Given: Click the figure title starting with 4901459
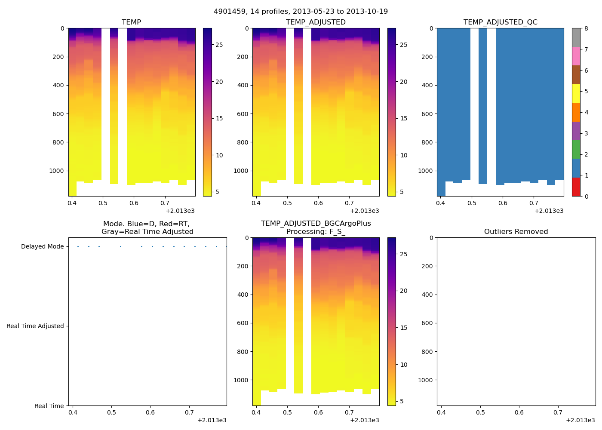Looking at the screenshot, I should coord(301,11).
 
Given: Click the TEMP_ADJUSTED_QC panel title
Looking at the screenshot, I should coord(500,22).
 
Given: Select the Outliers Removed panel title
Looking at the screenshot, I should coord(516,231).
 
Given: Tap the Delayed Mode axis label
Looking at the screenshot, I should coord(42,246).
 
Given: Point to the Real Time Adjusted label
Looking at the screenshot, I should coord(35,326).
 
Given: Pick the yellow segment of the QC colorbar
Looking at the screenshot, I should coord(576,93).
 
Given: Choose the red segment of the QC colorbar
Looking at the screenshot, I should coord(576,187).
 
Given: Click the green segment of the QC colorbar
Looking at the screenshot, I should coord(576,149).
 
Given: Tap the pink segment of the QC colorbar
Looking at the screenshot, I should coord(576,56).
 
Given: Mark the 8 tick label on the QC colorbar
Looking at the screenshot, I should coord(586,28).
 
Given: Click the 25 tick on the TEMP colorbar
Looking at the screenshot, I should coord(219,45).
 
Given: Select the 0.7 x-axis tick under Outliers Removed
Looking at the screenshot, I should coord(558,412).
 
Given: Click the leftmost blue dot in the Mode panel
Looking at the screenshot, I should coord(78,246).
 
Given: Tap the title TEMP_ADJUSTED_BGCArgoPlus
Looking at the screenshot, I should coord(316,223).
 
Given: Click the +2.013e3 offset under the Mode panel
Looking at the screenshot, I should coord(212,420).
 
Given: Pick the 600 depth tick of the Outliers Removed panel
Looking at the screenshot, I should coord(427,323).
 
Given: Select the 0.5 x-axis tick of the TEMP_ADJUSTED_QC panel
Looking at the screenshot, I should coord(472,203).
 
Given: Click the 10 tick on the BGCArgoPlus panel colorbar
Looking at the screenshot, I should coord(404,365).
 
